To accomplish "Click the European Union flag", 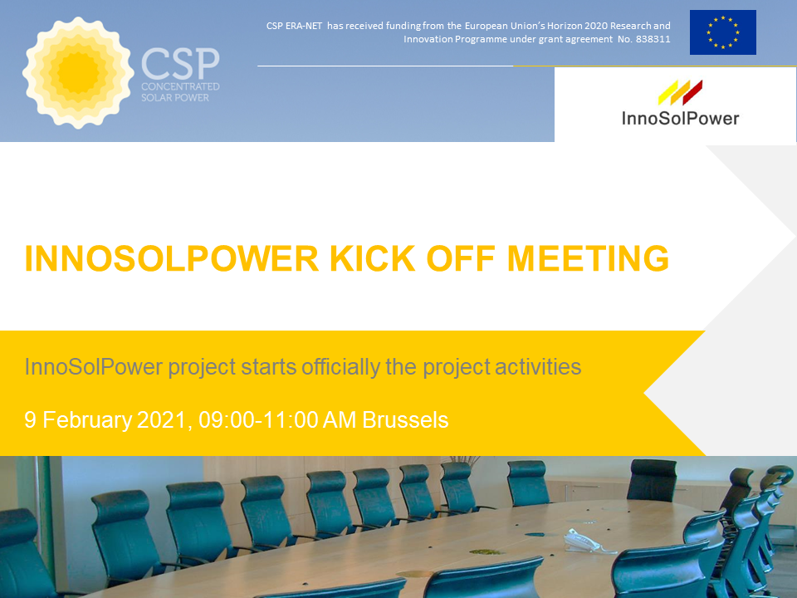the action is (x=722, y=32).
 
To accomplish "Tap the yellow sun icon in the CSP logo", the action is (x=78, y=73).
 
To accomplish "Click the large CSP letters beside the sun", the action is (x=180, y=63).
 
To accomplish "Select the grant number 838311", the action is (x=653, y=39).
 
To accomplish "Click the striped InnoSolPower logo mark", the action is (x=680, y=92).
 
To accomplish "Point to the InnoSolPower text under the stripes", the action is (x=680, y=119).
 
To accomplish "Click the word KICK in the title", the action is (x=372, y=258).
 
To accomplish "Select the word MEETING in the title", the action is (x=588, y=258).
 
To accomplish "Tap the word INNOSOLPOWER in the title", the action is (x=171, y=258).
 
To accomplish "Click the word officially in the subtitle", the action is (x=340, y=367).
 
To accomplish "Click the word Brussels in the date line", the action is (x=405, y=420).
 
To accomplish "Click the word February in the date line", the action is (x=87, y=420).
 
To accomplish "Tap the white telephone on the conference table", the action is (x=584, y=542).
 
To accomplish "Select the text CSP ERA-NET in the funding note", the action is (x=294, y=26).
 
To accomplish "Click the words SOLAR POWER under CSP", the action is (x=175, y=98).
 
